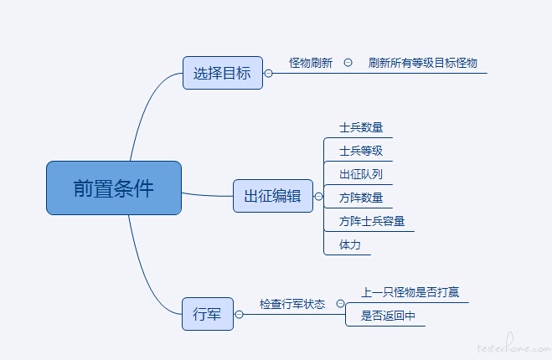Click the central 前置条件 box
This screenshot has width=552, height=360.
click(114, 188)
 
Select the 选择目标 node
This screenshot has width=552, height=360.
click(223, 73)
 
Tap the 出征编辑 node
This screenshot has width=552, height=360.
click(273, 196)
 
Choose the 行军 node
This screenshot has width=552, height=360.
click(208, 314)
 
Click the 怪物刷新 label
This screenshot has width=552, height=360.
click(311, 63)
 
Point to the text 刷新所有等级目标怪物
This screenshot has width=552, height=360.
click(422, 63)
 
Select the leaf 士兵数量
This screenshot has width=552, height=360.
click(361, 127)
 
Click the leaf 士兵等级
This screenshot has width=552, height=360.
click(361, 151)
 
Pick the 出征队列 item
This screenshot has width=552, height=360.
click(361, 174)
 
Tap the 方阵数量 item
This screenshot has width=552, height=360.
click(361, 198)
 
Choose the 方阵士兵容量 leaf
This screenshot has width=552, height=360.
click(372, 221)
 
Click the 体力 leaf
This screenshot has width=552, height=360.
click(350, 244)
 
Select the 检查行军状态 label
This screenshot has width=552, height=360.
click(292, 304)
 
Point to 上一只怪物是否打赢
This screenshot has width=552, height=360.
click(410, 292)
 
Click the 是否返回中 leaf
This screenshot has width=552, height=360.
click(388, 316)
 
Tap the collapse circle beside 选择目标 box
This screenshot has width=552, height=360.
click(268, 73)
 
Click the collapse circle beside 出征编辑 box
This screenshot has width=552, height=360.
click(318, 197)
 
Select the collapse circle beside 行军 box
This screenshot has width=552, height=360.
click(239, 314)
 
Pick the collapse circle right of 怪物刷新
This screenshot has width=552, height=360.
click(348, 63)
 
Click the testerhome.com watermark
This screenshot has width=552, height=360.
click(514, 344)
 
